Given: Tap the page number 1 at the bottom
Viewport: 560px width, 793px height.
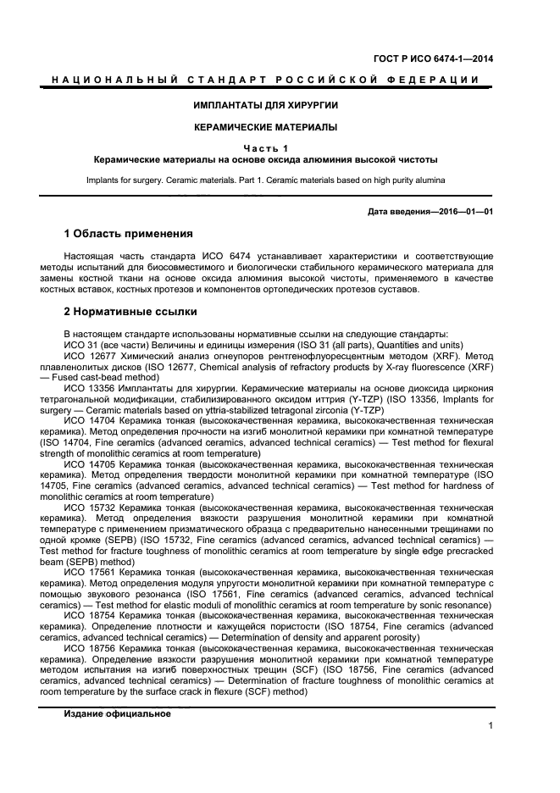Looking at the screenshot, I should [x=491, y=725].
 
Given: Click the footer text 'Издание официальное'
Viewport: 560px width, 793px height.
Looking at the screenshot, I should [x=117, y=713].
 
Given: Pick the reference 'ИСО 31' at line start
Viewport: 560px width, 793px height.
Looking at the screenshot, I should [x=81, y=345].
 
